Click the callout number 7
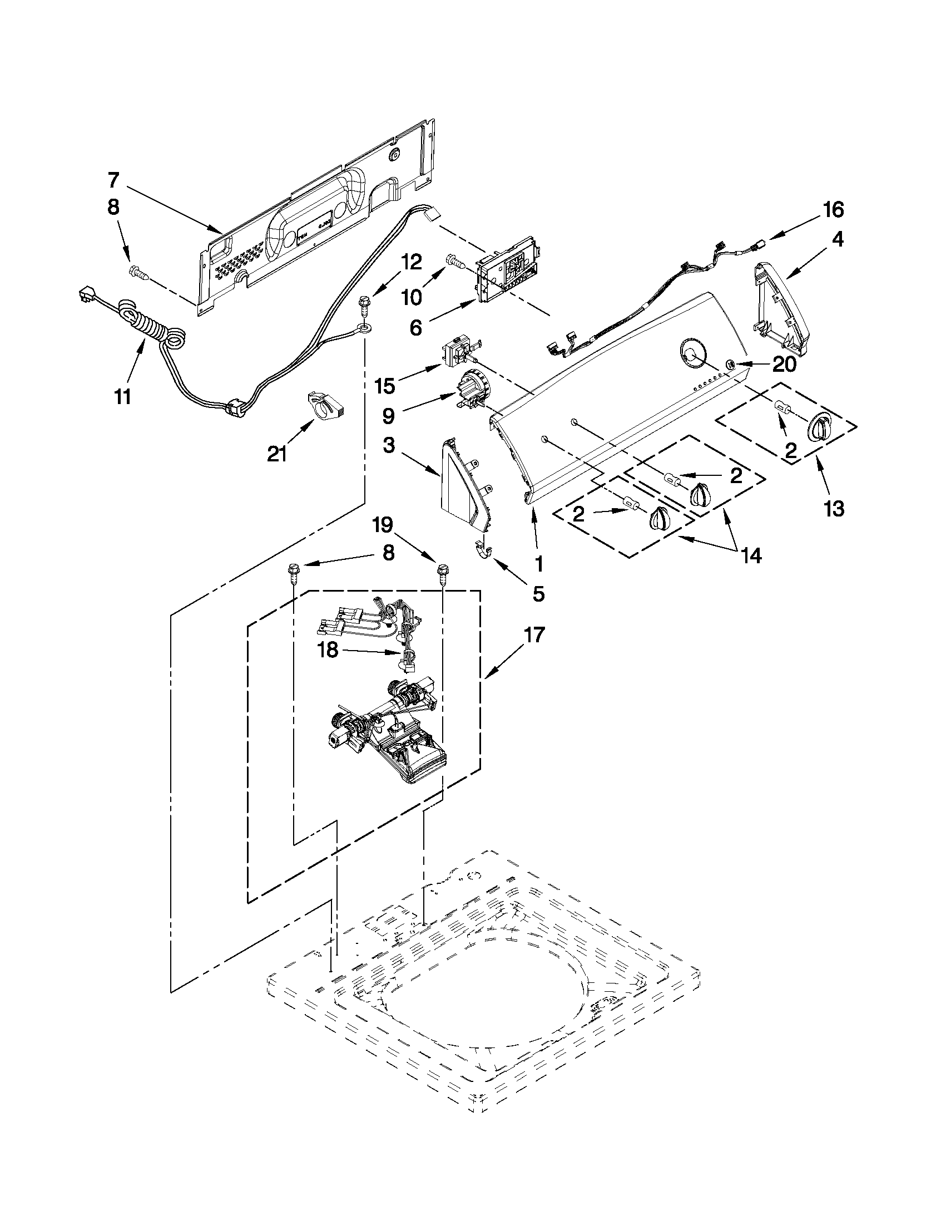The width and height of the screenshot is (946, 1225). pyautogui.click(x=113, y=181)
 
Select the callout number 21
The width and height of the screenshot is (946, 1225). pyautogui.click(x=277, y=453)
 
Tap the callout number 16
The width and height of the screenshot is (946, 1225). pyautogui.click(x=833, y=210)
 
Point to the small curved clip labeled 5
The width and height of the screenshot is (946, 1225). pyautogui.click(x=483, y=551)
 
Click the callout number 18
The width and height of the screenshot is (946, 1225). pyautogui.click(x=328, y=650)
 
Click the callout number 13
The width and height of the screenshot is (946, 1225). pyautogui.click(x=834, y=509)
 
